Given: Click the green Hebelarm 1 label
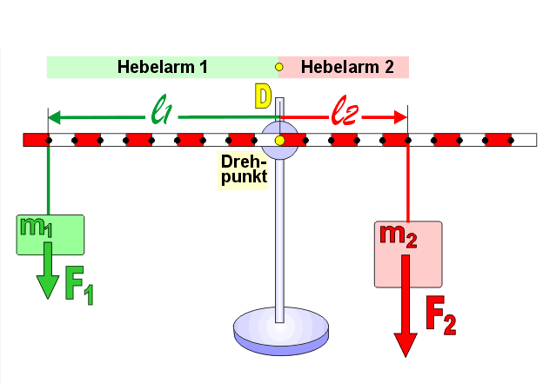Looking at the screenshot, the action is coord(163,67).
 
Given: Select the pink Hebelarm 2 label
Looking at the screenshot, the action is coord(344,67).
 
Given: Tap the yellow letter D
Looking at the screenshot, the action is coord(263,96).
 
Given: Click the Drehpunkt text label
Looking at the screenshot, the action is coord(243,170).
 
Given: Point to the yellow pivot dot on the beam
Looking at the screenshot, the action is coord(280,141).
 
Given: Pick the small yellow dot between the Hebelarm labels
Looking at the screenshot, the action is coord(278,67).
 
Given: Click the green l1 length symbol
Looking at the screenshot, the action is coord(162,110).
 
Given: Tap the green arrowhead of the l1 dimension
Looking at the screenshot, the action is coord(54,117).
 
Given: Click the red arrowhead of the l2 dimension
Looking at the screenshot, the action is coord(400,117).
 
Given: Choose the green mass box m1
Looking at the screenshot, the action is coord(50,234).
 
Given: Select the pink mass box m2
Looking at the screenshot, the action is coord(408,254).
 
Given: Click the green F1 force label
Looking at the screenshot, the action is coord(79,286).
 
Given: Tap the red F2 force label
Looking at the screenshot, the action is coord(441,315).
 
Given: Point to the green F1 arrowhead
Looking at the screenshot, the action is coord(48,287).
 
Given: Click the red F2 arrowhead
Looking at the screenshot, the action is coord(406,345).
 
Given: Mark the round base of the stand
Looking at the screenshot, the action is coord(281,331).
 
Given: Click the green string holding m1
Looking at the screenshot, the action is coord(48,179).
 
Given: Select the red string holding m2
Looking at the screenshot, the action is coord(408,182).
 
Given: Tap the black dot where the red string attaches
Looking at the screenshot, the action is coord(408,141).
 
